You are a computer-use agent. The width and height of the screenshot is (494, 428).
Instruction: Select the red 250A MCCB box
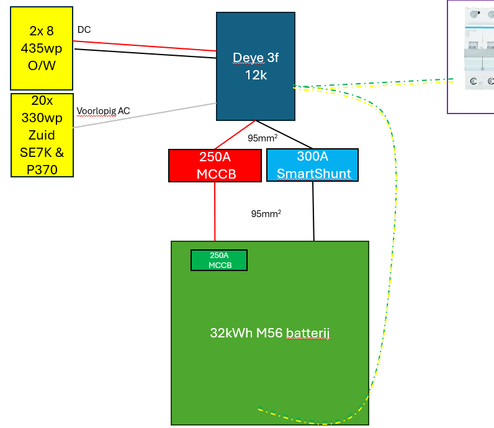pos(215,165)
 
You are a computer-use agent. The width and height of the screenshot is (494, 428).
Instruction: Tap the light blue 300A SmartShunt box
pos(312,165)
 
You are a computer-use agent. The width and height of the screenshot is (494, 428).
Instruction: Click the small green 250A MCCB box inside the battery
pos(218,260)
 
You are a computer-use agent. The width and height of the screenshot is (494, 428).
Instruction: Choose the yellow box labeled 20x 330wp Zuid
pos(42,135)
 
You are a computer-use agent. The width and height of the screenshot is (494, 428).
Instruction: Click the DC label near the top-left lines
pos(84,30)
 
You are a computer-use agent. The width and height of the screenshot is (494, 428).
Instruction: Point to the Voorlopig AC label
pos(103,111)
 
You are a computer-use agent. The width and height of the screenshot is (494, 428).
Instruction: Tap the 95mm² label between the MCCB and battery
pos(266,213)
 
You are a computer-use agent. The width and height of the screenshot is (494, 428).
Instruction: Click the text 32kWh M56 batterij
pos(269,333)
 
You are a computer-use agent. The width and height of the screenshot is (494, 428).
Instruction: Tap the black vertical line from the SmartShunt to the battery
pos(313,211)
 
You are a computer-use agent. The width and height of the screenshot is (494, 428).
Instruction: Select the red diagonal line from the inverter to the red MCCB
pos(235,135)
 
